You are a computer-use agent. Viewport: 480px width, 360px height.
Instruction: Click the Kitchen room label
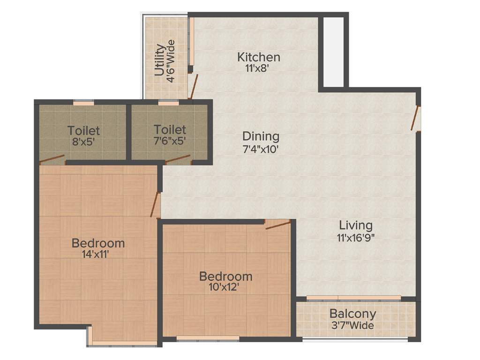click(x=259, y=58)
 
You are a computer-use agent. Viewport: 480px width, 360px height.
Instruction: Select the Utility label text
click(x=160, y=60)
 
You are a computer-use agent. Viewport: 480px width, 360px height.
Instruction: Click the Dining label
click(x=261, y=136)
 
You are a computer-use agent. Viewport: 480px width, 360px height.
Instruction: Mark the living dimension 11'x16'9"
click(x=356, y=237)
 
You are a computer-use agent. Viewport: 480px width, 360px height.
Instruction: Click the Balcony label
click(x=352, y=314)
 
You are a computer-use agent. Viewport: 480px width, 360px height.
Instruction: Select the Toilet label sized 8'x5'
click(x=83, y=130)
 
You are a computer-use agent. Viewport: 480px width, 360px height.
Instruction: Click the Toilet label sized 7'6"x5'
click(x=170, y=129)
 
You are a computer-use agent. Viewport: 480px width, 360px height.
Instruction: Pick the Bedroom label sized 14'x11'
click(x=98, y=243)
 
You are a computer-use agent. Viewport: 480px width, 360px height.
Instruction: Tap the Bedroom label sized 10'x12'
click(x=225, y=276)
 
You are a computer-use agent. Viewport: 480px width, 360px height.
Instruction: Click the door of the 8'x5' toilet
click(x=52, y=159)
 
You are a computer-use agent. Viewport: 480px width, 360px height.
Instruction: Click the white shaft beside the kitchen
click(x=334, y=52)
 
